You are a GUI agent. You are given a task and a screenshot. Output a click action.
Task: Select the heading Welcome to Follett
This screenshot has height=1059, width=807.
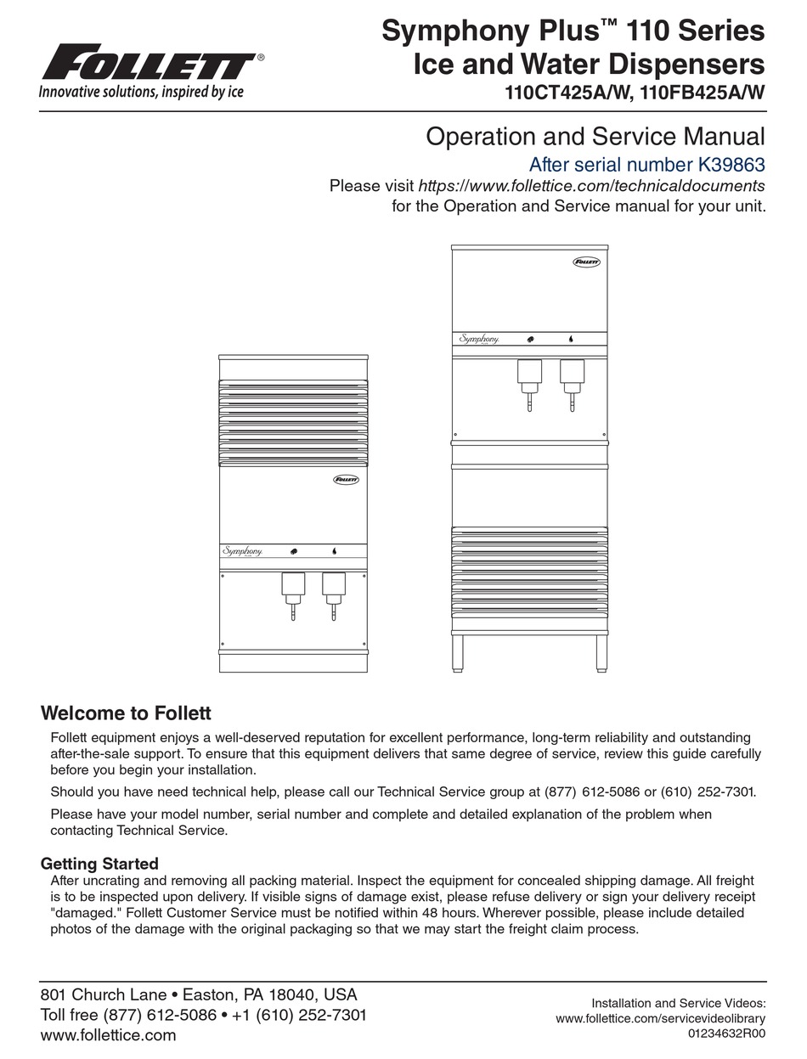[126, 713]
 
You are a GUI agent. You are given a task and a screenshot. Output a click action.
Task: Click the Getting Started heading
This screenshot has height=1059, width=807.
[99, 865]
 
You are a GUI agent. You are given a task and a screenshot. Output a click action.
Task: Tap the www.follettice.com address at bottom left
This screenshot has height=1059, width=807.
[108, 1035]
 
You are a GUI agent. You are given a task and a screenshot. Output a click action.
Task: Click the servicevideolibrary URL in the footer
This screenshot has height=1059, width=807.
[661, 1019]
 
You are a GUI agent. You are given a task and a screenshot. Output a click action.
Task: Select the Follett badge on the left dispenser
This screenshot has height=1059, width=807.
[344, 481]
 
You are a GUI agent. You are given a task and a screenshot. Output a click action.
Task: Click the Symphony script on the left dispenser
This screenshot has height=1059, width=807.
[241, 550]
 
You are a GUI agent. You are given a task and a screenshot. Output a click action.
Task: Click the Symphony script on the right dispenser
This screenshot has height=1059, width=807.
[478, 338]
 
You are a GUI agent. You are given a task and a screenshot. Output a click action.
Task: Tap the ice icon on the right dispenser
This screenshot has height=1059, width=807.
[530, 338]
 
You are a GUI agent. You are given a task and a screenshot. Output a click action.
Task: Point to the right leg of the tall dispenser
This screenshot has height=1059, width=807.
[601, 651]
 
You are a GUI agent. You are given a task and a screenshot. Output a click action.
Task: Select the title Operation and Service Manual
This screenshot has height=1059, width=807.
[595, 136]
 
